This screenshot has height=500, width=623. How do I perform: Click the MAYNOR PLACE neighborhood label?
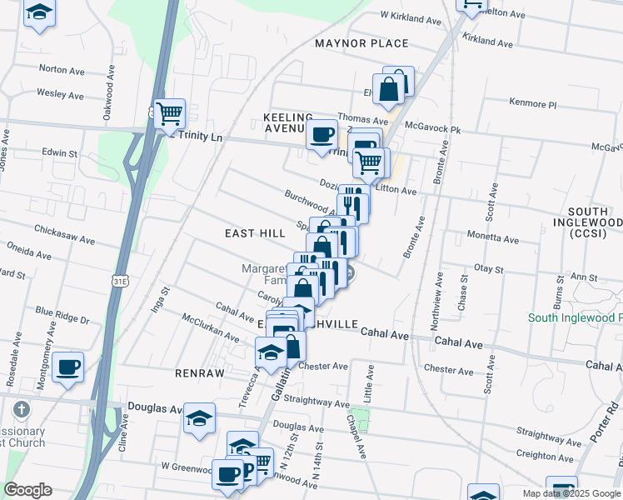click(361, 43)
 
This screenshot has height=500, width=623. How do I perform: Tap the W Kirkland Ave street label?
click(410, 17)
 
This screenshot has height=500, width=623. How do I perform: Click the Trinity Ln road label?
click(202, 135)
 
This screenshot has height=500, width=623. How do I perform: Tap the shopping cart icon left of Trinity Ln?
click(169, 112)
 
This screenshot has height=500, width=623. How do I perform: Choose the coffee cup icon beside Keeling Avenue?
click(321, 134)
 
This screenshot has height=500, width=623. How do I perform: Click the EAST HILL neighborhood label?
click(255, 234)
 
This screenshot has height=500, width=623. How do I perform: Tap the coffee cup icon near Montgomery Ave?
click(68, 365)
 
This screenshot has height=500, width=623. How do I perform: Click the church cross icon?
click(22, 409)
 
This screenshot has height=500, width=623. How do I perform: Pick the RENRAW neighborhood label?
click(200, 373)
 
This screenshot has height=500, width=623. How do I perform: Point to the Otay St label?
click(488, 269)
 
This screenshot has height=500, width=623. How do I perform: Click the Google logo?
click(27, 490)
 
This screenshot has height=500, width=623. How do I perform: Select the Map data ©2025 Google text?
click(571, 493)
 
